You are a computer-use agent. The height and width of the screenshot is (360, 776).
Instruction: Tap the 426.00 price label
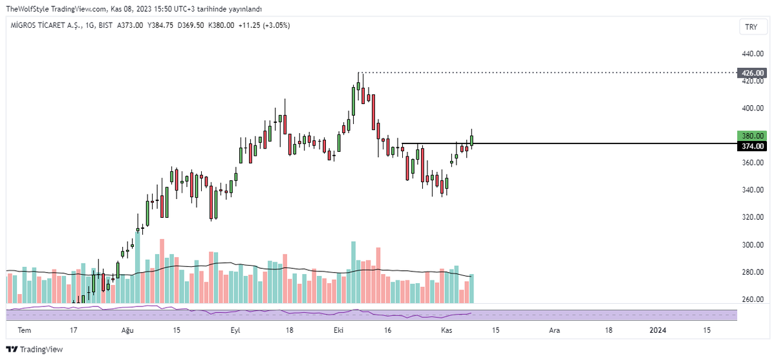click(x=753, y=73)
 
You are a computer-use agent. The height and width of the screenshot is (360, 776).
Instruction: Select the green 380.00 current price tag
click(x=753, y=136)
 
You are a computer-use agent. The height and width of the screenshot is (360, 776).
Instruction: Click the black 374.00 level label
click(x=753, y=146)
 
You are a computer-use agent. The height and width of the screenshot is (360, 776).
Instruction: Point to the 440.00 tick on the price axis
click(x=753, y=54)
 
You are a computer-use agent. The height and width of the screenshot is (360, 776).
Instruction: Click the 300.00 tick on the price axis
click(x=753, y=245)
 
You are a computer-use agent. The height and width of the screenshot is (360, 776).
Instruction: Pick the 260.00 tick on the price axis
click(x=753, y=299)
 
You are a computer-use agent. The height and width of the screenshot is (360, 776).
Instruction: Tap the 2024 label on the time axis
click(x=658, y=330)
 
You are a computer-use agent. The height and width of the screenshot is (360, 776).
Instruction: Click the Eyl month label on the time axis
click(x=235, y=330)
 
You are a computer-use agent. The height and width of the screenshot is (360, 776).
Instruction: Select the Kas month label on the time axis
click(x=447, y=330)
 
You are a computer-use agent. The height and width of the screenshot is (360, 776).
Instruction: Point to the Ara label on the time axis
click(x=554, y=330)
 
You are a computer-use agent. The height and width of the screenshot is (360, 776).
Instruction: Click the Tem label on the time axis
click(x=25, y=330)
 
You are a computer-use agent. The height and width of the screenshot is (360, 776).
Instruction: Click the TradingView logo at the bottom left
click(x=35, y=349)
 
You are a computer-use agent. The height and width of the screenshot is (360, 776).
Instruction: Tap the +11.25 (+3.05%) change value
click(x=264, y=25)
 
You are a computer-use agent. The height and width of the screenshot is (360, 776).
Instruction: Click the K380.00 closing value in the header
click(x=221, y=25)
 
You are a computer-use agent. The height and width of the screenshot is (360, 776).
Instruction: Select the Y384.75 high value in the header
click(x=160, y=25)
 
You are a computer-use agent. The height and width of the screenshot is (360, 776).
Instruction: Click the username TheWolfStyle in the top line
click(x=27, y=9)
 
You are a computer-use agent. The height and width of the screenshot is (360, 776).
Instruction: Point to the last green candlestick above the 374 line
click(x=471, y=140)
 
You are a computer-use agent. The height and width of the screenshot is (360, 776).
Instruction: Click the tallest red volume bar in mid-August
click(x=162, y=271)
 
